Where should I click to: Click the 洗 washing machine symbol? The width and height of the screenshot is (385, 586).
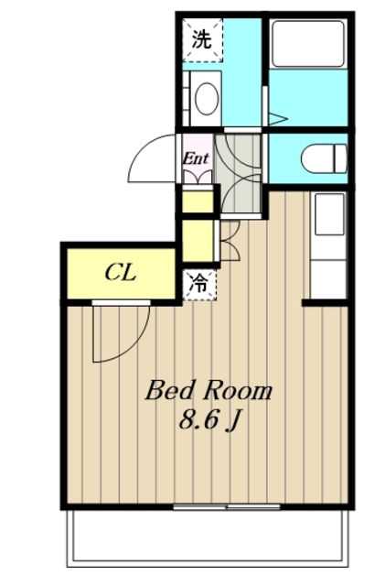click(x=202, y=39)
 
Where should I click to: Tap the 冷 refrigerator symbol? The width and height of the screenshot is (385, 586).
click(x=199, y=285)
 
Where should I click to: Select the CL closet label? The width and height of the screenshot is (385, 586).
click(x=120, y=273)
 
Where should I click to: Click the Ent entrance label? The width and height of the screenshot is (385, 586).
click(x=196, y=158)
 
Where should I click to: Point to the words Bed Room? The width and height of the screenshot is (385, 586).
click(x=209, y=391)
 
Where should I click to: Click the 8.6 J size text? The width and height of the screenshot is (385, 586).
click(x=209, y=420)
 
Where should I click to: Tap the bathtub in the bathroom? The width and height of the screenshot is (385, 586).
click(x=307, y=44)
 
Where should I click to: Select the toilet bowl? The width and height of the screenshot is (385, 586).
click(x=324, y=158)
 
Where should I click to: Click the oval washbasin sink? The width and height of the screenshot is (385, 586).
click(x=207, y=99)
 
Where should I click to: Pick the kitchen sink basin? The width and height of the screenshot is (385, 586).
click(x=329, y=213)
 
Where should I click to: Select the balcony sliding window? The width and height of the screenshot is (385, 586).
click(x=227, y=507)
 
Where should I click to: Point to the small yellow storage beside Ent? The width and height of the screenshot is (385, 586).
click(x=198, y=201)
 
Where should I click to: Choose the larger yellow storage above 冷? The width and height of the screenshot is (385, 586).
click(x=198, y=241)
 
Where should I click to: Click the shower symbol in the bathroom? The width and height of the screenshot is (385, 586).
click(x=277, y=119)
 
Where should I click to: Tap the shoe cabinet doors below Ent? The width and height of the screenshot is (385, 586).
click(x=198, y=177)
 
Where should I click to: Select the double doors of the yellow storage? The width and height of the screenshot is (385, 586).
click(x=230, y=241)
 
